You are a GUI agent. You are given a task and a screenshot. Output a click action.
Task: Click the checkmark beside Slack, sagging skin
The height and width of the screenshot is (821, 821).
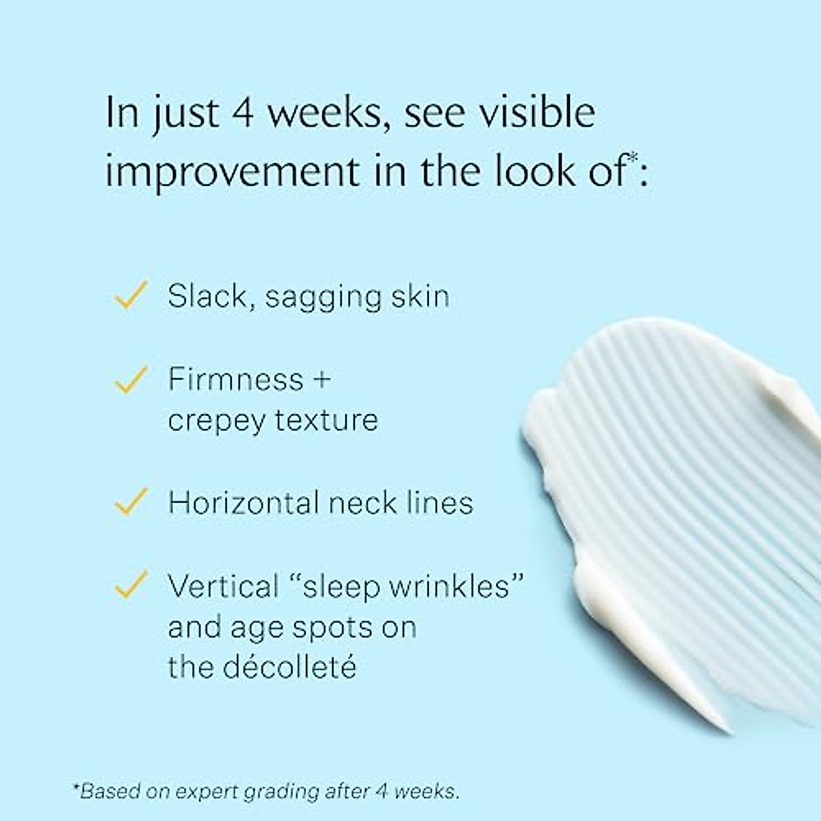[x=131, y=294]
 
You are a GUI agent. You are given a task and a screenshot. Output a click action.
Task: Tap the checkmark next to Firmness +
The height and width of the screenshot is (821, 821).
[x=131, y=379]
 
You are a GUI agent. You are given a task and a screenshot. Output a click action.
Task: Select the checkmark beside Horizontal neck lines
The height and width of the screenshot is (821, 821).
[x=131, y=501]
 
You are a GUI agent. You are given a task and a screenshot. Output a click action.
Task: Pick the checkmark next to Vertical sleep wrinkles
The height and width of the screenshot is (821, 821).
[x=131, y=584]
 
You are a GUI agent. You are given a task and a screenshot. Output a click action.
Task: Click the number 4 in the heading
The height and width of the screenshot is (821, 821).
[x=244, y=114]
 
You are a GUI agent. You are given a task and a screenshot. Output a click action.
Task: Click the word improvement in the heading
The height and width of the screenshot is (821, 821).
[x=233, y=172]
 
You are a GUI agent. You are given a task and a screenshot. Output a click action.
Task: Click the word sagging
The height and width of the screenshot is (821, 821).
[x=323, y=298]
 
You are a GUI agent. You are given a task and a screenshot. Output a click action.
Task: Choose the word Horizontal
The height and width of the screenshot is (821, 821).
[x=244, y=502]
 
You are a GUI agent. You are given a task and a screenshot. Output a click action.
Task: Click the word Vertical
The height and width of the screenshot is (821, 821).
[x=223, y=586]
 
